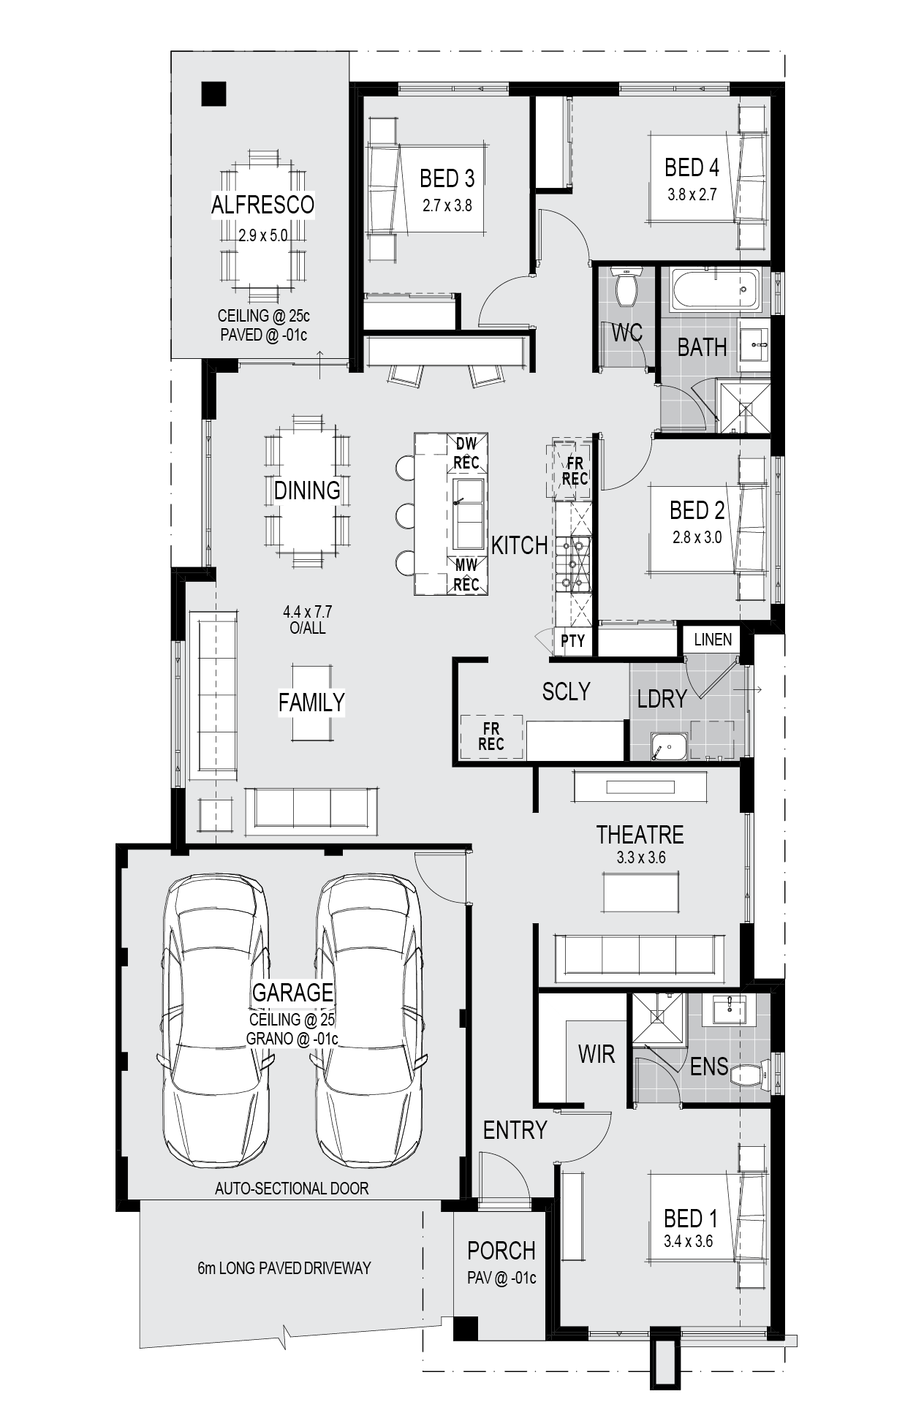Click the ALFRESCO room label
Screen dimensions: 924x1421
coord(262,205)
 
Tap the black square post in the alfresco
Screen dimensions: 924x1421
coord(214,94)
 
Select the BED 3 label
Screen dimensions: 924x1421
coord(447,178)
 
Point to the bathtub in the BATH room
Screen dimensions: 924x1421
coord(716,289)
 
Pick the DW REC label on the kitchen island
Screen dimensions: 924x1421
coord(466,453)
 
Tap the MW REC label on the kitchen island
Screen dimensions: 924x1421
coord(466,575)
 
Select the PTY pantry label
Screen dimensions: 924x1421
coord(573,641)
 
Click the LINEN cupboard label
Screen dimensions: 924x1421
coord(713,640)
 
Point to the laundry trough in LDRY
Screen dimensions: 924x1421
coord(669,746)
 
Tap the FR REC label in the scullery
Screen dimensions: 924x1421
coord(491,736)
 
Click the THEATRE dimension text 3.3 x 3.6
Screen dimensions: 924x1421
coord(640,857)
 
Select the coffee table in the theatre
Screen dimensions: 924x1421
coord(640,891)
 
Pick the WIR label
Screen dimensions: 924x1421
coord(597,1054)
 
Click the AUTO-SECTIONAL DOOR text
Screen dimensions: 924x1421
coord(292,1189)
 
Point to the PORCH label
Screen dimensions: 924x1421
coord(501,1251)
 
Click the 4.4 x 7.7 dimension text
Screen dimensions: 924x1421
coord(308,611)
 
